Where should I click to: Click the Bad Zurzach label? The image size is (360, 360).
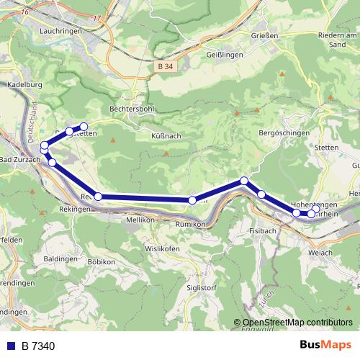point(17,159)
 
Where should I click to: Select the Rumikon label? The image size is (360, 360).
point(191,224)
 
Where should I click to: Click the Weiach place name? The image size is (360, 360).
point(319,253)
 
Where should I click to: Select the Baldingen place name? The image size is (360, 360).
point(60,257)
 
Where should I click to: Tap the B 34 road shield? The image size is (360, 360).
point(165,66)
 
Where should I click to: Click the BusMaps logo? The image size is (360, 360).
point(327,346)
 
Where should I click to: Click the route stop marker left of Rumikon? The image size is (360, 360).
point(192,200)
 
